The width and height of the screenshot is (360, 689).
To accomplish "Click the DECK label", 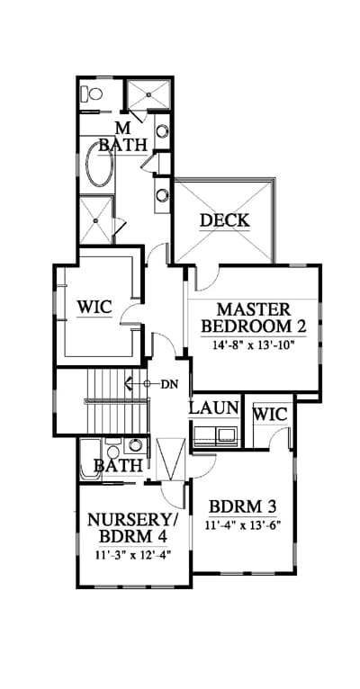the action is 225,220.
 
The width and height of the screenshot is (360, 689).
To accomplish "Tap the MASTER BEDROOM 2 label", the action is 254,318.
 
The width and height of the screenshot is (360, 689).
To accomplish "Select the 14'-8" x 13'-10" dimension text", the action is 254,344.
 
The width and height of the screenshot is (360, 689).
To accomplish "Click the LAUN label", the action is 213,408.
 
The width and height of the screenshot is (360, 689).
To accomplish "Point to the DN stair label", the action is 169,384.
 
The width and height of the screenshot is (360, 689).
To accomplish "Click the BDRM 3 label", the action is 242,507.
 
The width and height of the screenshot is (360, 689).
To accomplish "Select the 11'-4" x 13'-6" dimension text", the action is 242,525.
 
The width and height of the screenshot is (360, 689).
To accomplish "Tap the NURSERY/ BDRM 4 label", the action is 132,528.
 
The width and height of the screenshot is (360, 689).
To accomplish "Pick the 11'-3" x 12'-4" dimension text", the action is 132,554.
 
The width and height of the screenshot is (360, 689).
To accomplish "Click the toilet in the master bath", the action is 92,94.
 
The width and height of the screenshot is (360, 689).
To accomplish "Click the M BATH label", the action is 122,137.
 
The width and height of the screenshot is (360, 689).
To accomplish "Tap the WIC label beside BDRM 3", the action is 270,414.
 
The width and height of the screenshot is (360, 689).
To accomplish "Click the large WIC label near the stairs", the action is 94,307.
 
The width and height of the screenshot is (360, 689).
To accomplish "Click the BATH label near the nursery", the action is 118,465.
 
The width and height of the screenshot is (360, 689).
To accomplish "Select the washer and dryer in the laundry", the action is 215,435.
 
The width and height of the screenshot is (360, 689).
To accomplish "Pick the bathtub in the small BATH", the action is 90,459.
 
